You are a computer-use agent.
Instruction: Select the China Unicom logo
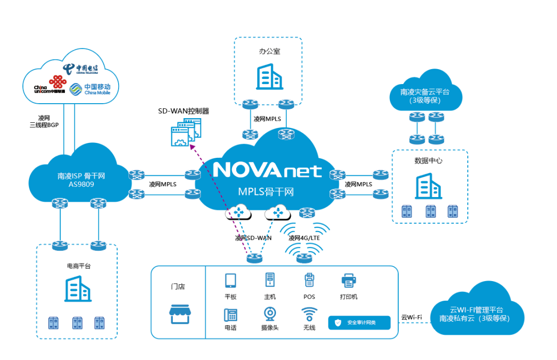click(51, 86)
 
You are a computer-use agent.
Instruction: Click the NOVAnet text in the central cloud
click(267, 170)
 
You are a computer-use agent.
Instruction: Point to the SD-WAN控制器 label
click(184, 111)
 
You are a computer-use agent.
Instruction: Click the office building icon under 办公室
click(269, 77)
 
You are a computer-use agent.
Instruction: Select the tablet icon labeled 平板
click(230, 281)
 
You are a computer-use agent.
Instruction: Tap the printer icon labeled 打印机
click(349, 281)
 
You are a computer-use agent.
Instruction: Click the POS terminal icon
click(309, 280)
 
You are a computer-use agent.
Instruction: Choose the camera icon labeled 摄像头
click(270, 314)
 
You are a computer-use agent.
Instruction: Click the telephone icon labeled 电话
click(230, 314)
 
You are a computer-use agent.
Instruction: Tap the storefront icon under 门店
click(177, 312)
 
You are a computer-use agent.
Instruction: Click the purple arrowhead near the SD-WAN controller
click(191, 146)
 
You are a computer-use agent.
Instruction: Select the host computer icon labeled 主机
click(270, 280)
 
